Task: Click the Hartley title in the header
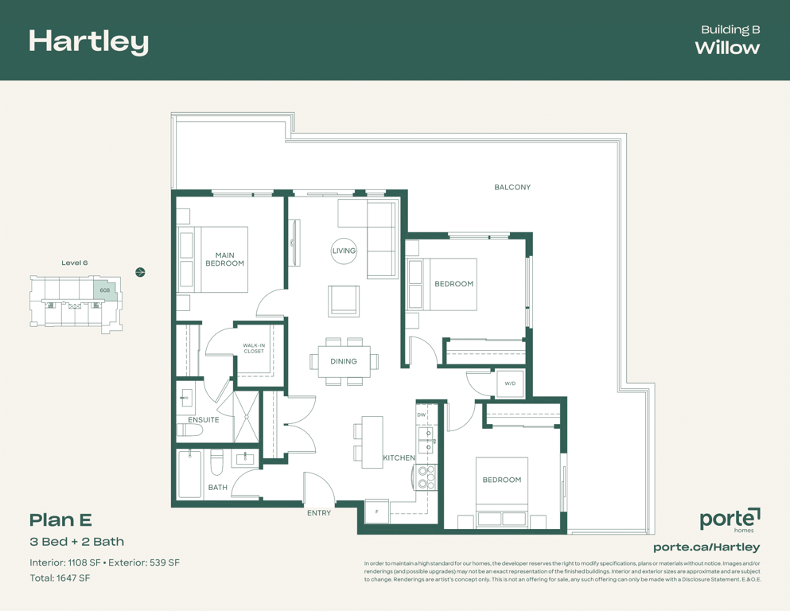click(x=88, y=42)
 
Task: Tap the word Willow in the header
click(x=727, y=48)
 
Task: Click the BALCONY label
click(x=512, y=188)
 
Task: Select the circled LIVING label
click(x=344, y=251)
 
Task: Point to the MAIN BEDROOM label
click(x=224, y=259)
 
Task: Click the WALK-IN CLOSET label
click(x=254, y=348)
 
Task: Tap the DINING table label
click(x=344, y=361)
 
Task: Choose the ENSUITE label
click(x=204, y=419)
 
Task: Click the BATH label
click(x=218, y=487)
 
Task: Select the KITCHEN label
click(x=399, y=458)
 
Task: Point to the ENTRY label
click(x=319, y=513)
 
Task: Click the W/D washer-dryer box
click(x=511, y=383)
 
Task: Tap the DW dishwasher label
click(x=421, y=414)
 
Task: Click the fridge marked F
click(x=377, y=512)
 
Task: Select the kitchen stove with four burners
click(x=426, y=477)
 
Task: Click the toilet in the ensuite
click(x=189, y=430)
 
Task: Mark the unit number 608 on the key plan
click(x=105, y=290)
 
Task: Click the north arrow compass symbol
click(x=141, y=273)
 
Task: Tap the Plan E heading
click(x=60, y=520)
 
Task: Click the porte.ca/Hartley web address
click(x=706, y=547)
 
